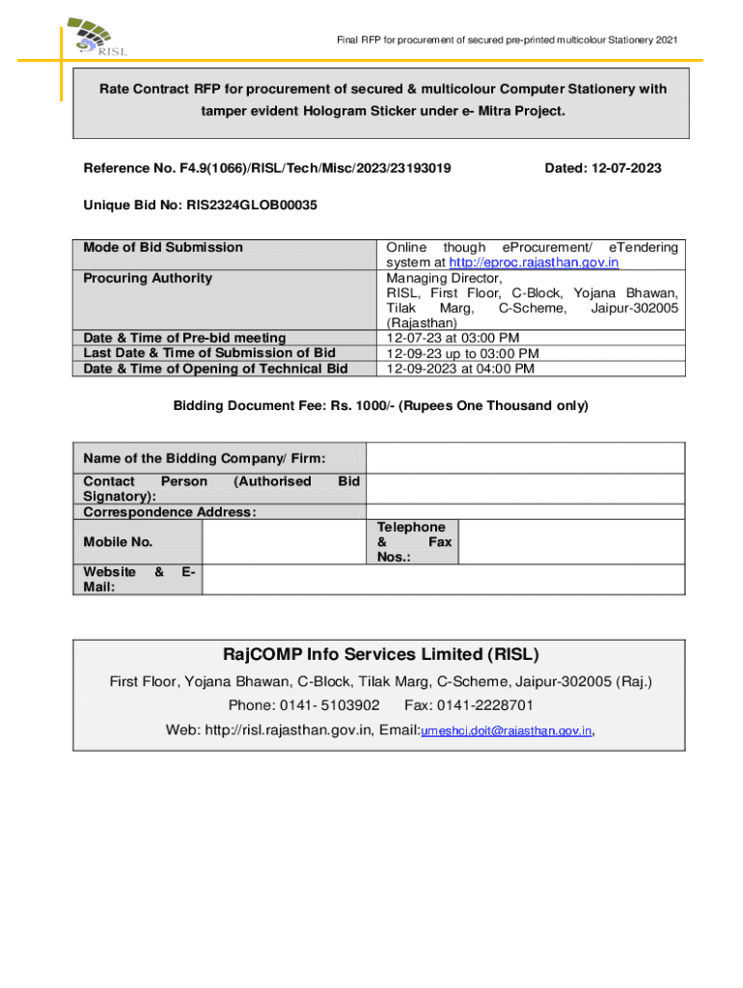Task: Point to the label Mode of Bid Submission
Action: pos(163,247)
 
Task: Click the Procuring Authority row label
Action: pos(148,278)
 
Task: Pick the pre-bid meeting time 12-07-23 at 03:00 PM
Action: pos(453,338)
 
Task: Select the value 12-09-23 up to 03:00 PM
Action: pos(462,353)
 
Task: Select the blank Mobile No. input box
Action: pos(284,542)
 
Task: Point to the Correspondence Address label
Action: pos(170,511)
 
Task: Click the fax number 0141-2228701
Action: pos(487,705)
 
